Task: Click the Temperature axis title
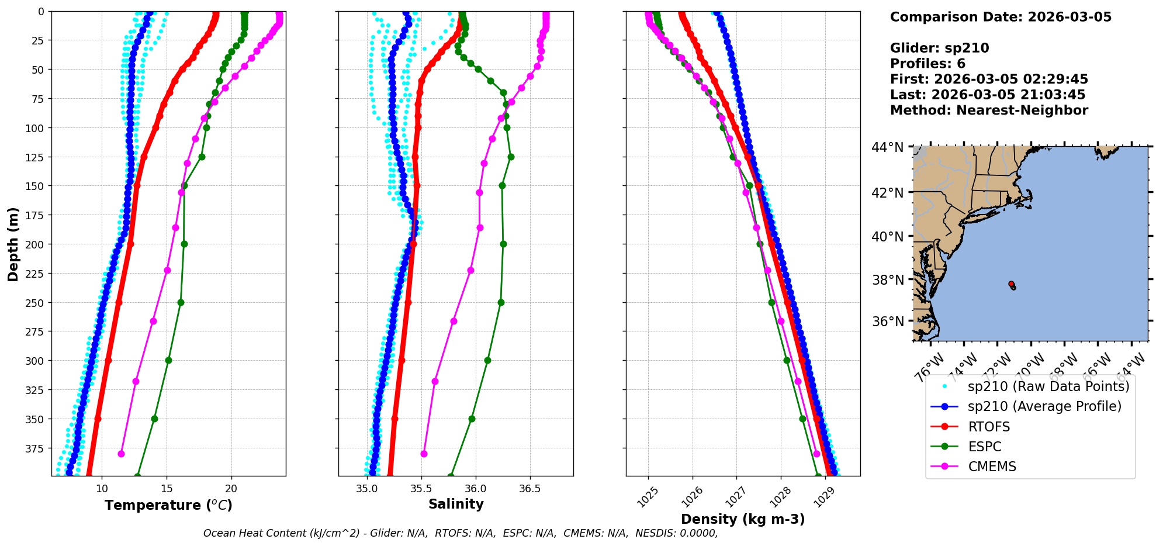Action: [x=168, y=505]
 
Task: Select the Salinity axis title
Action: [x=456, y=504]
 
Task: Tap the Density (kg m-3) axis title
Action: [x=743, y=519]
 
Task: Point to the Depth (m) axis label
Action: [x=13, y=244]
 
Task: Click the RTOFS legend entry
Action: [x=989, y=427]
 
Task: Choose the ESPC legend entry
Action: [x=985, y=447]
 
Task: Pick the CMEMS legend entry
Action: [x=992, y=466]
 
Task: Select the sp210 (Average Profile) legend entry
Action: [x=1044, y=406]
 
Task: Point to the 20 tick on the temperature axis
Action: [x=231, y=489]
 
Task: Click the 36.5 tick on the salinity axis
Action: [x=529, y=489]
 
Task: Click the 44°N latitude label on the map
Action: [x=888, y=147]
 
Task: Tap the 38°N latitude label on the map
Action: [x=888, y=280]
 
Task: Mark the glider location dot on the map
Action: [x=1012, y=285]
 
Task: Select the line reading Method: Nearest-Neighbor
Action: [x=989, y=110]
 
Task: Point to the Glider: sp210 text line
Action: [x=939, y=48]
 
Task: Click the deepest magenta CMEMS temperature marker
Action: [x=122, y=454]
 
